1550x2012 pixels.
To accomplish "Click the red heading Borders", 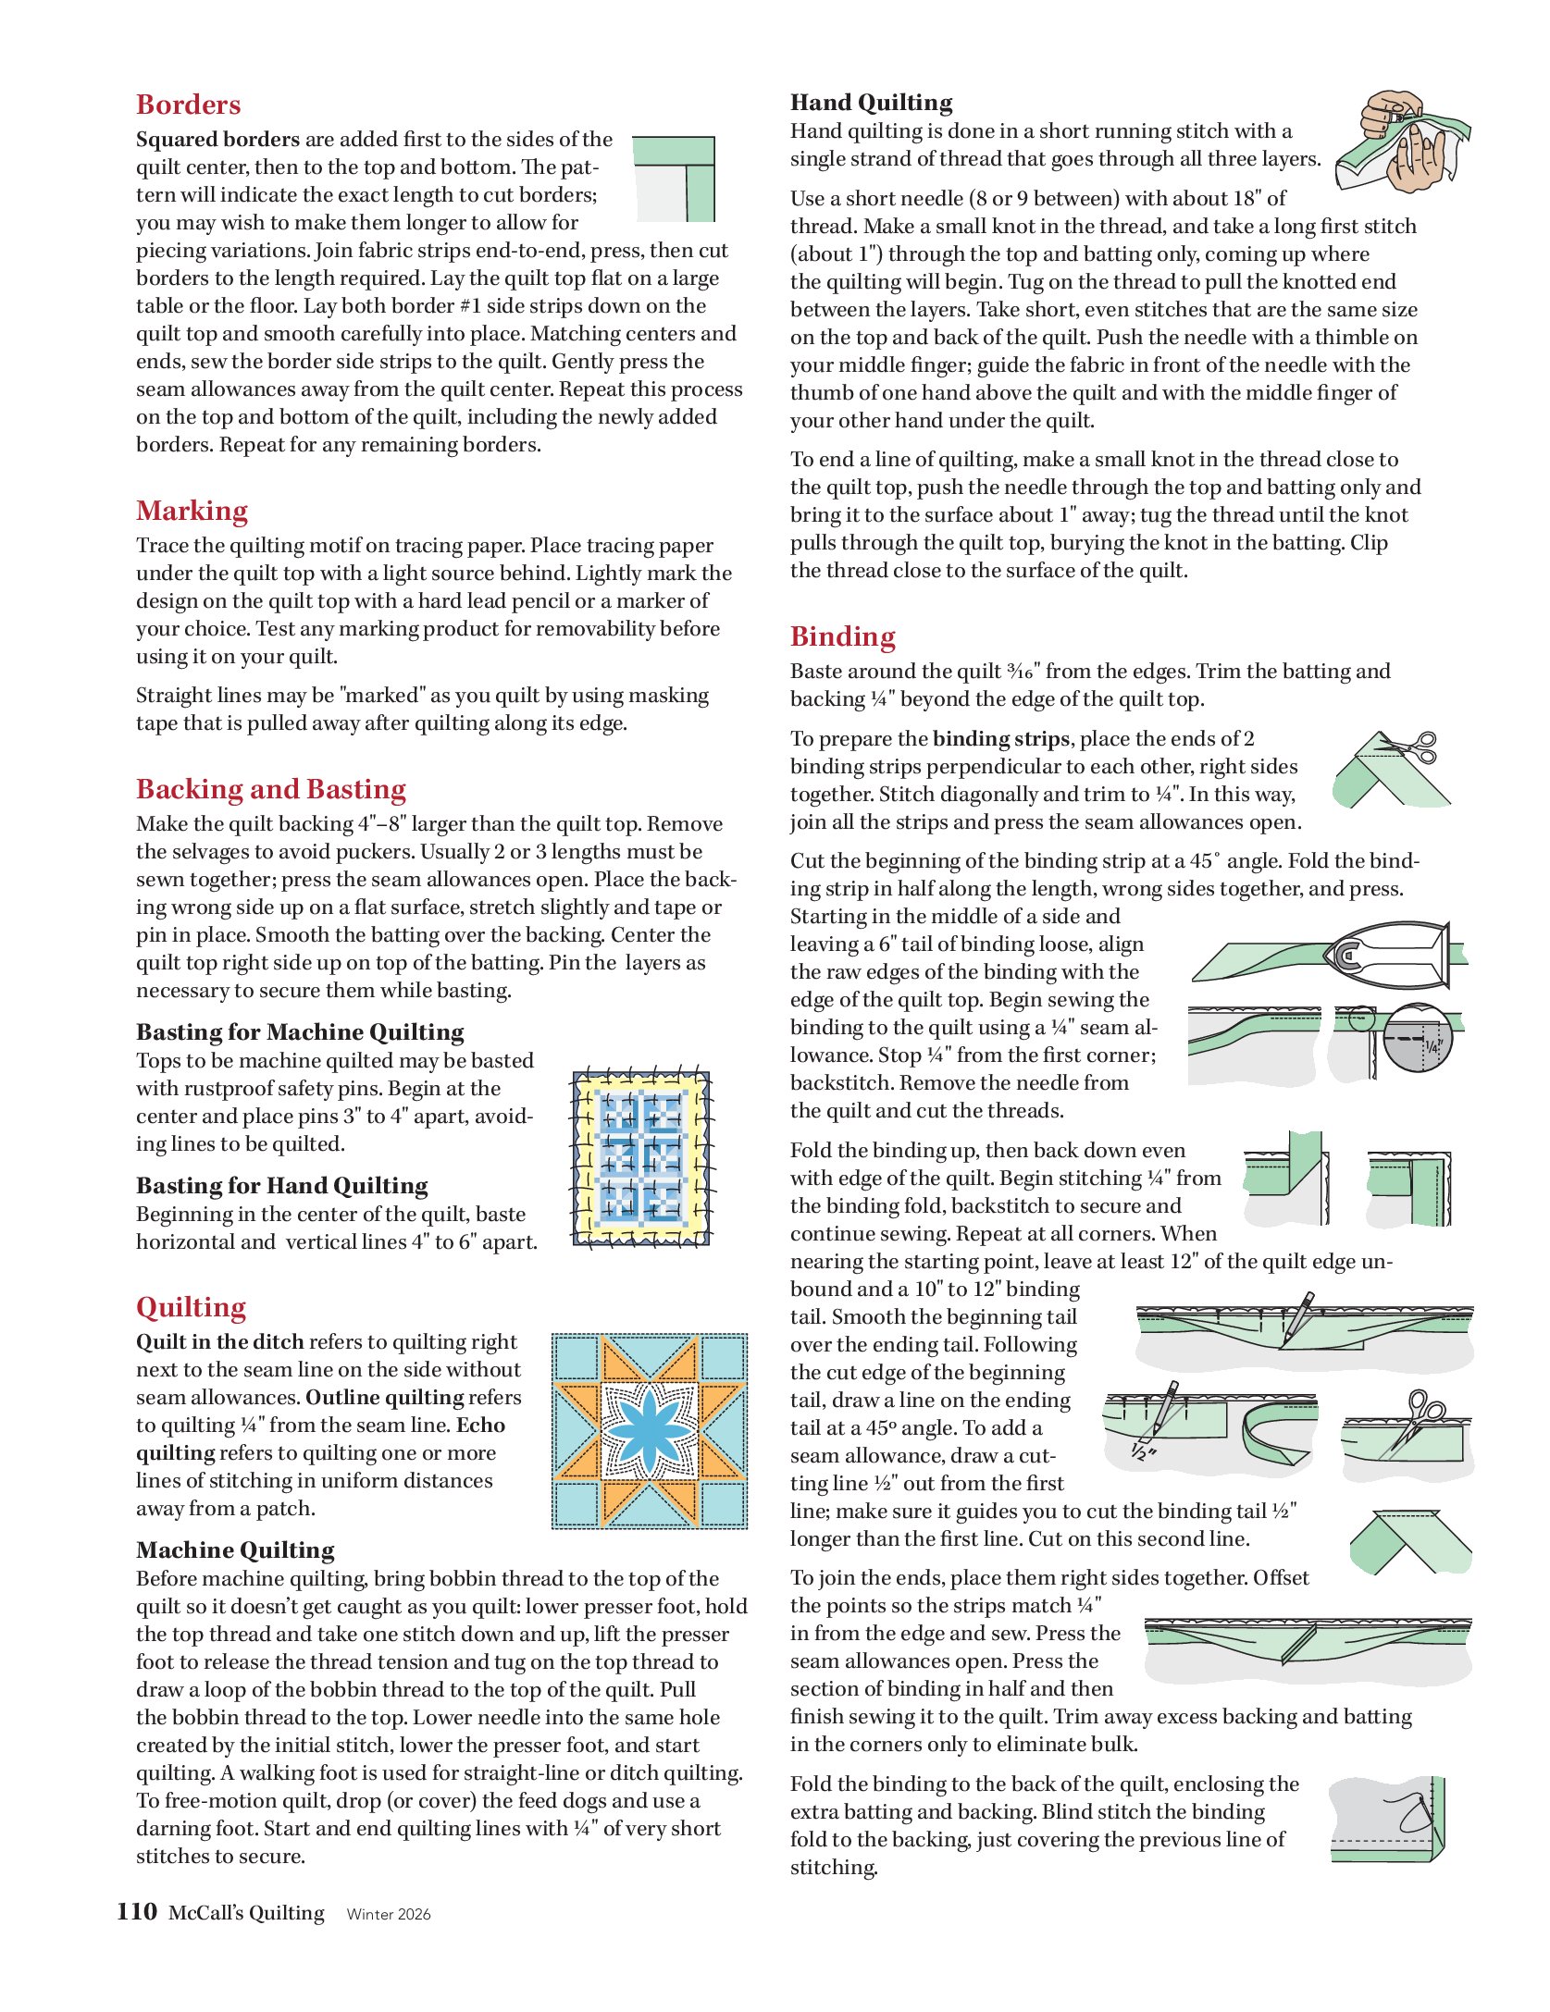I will (x=188, y=105).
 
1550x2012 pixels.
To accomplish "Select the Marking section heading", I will (x=192, y=511).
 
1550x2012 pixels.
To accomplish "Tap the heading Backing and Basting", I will (x=270, y=789).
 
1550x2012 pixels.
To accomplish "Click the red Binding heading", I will (x=842, y=636).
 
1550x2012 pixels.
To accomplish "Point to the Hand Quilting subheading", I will (x=871, y=103).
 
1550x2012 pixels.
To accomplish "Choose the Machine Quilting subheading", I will (x=235, y=1550).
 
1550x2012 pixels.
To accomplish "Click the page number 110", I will (x=137, y=1911).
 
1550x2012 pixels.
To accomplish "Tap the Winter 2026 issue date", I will (x=389, y=1914).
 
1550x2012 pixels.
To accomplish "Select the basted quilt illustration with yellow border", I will (x=641, y=1158).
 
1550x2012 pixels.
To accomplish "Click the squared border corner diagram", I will (x=674, y=179).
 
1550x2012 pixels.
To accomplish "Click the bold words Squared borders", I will (x=217, y=140).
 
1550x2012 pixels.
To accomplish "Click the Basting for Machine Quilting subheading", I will (x=300, y=1032).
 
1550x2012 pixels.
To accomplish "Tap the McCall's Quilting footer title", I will (x=246, y=1913).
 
